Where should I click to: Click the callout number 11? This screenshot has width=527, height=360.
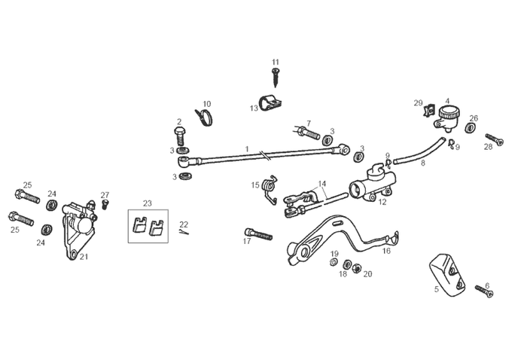tap(275, 62)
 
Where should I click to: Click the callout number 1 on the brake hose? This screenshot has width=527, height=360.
tap(247, 148)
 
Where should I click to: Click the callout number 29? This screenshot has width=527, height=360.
tap(418, 103)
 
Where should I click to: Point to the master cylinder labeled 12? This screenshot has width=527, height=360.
tap(373, 188)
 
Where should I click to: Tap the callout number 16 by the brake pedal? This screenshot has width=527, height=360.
tap(386, 252)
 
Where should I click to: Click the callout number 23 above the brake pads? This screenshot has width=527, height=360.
tap(148, 203)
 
